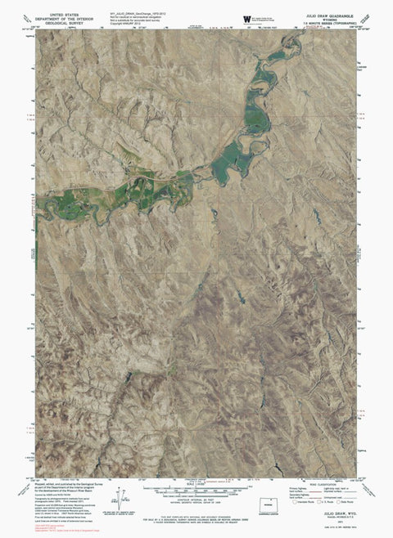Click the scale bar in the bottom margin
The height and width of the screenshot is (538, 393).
click(x=201, y=488)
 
